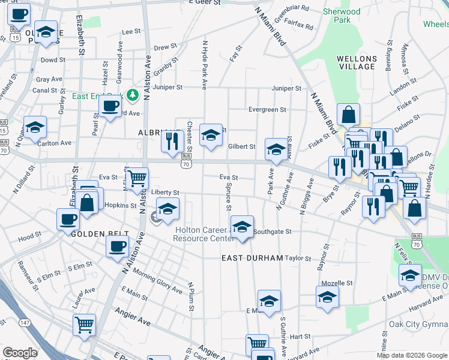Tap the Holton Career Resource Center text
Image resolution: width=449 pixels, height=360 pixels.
tap(204, 234)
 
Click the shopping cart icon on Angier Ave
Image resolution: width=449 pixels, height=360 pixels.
tap(84, 325)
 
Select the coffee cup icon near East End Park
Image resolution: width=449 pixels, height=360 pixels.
tap(109, 106)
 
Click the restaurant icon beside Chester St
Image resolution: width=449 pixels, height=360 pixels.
tap(172, 140)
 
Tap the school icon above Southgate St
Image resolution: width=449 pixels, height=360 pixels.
tap(242, 226)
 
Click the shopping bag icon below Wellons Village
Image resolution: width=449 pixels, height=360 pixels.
tap(349, 113)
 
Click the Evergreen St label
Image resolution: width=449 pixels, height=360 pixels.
tap(267, 110)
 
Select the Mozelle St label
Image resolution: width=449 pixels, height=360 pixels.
tap(337, 283)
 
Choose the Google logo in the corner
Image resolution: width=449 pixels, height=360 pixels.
tap(20, 353)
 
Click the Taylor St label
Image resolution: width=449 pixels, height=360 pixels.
tap(298, 259)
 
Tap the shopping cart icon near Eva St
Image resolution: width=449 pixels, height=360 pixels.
tap(137, 177)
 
